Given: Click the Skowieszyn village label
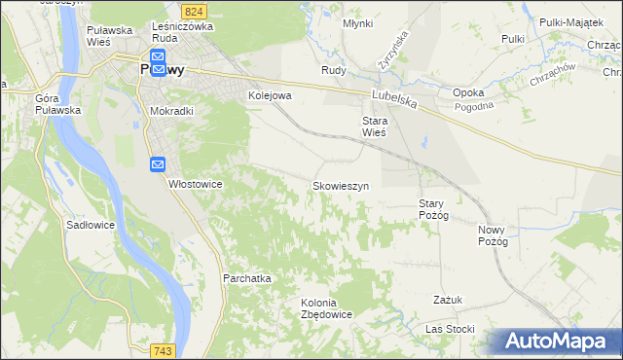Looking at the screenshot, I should tap(340, 186).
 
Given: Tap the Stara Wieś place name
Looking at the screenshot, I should tap(375, 126).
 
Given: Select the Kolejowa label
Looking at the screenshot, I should tap(271, 95).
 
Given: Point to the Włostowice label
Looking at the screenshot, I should tap(197, 184).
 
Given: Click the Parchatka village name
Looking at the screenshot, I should tap(246, 278).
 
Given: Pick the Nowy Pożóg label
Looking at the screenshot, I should tap(494, 235).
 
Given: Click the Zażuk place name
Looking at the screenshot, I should tap(448, 300).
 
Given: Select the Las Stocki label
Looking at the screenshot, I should tap(450, 329).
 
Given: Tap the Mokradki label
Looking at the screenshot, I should tap(171, 112).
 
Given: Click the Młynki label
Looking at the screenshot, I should tap(357, 23).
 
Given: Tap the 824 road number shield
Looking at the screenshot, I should tap(195, 10).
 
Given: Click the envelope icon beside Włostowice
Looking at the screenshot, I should tap(159, 165).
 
